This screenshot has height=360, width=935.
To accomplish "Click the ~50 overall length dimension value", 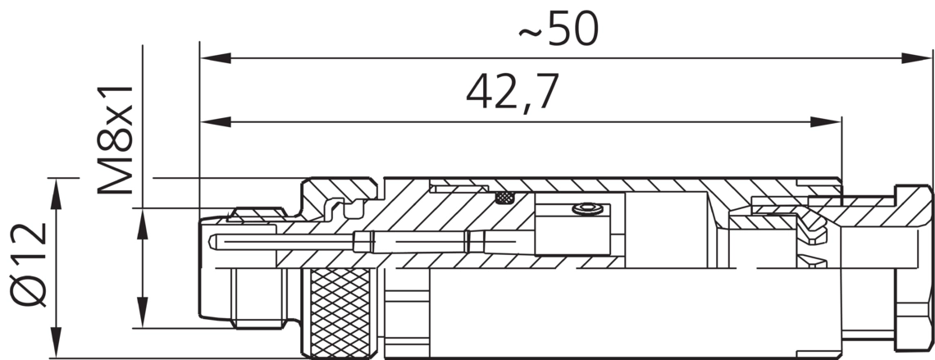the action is coord(559,30).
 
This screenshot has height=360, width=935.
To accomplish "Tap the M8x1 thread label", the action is coord(115,140).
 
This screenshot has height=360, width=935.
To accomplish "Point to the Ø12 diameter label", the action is coord(29,265).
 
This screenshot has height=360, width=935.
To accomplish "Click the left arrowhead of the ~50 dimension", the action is coord(216,58).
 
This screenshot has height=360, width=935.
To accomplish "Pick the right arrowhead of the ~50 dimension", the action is coord(916,58).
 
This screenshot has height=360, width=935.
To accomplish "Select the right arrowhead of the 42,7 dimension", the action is coord(826,122).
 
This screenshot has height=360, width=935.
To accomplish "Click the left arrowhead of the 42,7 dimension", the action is coord(216,122).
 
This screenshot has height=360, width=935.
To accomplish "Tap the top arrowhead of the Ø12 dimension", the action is coord(56,194).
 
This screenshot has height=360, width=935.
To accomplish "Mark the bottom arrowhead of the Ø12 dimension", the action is coord(56,342).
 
